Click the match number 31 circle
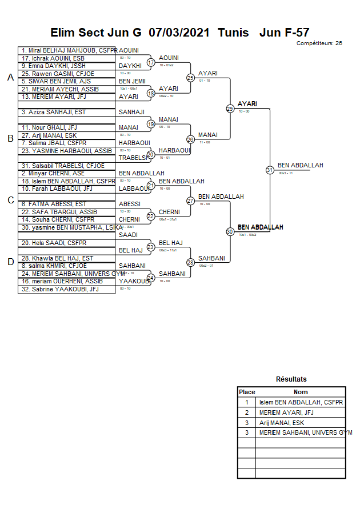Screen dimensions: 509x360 tap(270, 170)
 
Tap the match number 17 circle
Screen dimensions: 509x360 tap(151, 62)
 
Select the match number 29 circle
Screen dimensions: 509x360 tap(230, 109)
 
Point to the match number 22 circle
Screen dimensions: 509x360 tap(151, 217)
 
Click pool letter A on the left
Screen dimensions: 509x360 tap(10, 78)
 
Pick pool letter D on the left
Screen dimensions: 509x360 tap(10, 262)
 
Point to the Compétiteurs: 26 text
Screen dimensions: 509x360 tap(319, 43)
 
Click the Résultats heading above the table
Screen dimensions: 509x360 tap(291, 379)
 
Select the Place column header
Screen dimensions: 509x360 tap(247, 392)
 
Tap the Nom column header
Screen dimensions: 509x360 tap(301, 392)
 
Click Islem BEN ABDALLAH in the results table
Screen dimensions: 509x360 tap(301, 402)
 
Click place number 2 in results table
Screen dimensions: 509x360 tap(247, 412)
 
